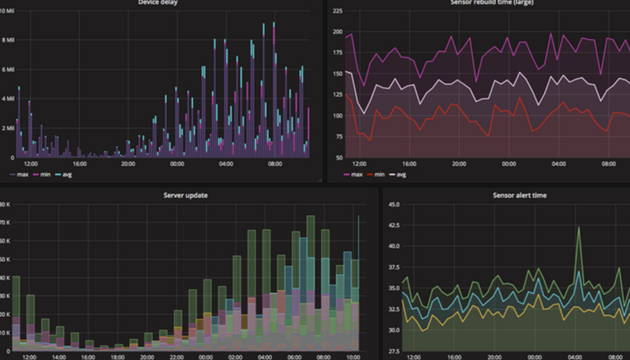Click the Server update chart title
(x=185, y=195)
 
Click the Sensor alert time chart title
(x=519, y=195)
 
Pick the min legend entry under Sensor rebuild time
(x=376, y=175)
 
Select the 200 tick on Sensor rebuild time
(x=337, y=31)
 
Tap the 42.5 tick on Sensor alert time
(x=393, y=225)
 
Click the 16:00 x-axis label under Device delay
(x=79, y=164)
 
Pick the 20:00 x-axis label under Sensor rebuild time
(x=459, y=164)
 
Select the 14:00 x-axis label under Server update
(x=58, y=356)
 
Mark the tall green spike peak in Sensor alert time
(x=579, y=227)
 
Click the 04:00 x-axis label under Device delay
(x=226, y=164)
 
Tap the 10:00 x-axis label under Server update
(x=352, y=356)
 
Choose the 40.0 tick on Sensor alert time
(x=393, y=246)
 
